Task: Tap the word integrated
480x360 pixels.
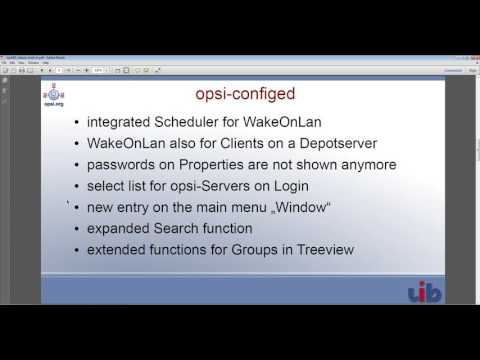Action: tap(125, 123)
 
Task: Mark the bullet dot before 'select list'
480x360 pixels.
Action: tap(78, 187)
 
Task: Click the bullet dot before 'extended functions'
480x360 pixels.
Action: tap(78, 250)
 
